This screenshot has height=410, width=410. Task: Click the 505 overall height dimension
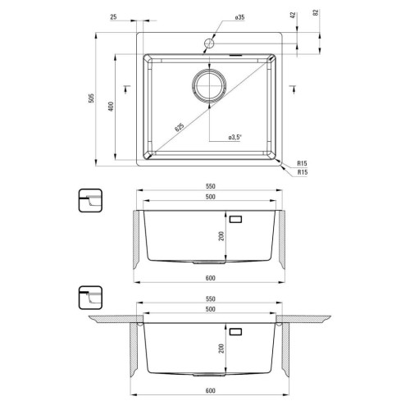pyautogui.click(x=92, y=98)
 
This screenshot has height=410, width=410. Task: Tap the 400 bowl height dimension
pyautogui.click(x=111, y=106)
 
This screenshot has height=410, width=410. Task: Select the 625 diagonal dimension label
pyautogui.click(x=180, y=127)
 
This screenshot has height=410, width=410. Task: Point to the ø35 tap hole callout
pyautogui.click(x=239, y=17)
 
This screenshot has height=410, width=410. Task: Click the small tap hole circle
pyautogui.click(x=209, y=43)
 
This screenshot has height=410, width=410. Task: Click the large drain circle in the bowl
pyautogui.click(x=209, y=85)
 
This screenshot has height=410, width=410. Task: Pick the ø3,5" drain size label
pyautogui.click(x=235, y=137)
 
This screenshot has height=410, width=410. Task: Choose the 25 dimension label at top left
pyautogui.click(x=113, y=17)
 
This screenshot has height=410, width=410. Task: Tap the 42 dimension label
pyautogui.click(x=293, y=15)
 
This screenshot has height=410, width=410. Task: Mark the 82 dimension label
pyautogui.click(x=316, y=12)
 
